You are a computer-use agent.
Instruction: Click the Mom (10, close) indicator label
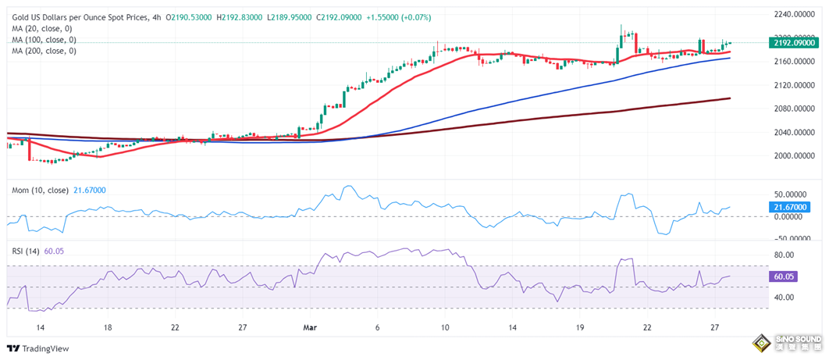(x=38, y=191)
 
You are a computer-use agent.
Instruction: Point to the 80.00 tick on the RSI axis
(x=783, y=255)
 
